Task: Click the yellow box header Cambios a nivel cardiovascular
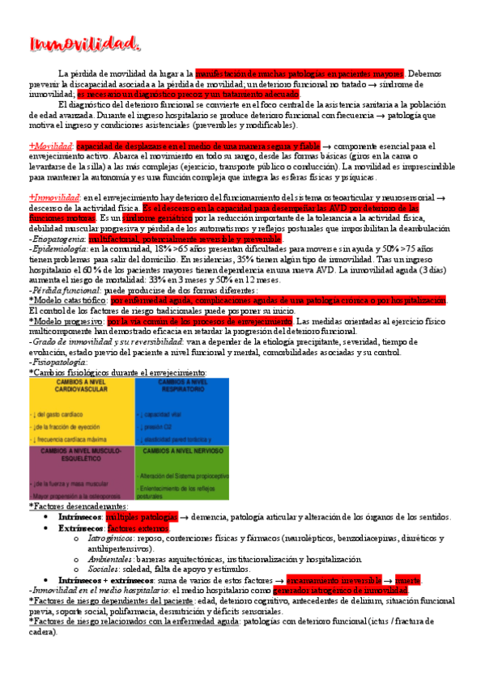tap(79, 386)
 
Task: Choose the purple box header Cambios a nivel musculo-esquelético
tap(79, 454)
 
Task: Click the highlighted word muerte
tap(407, 559)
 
